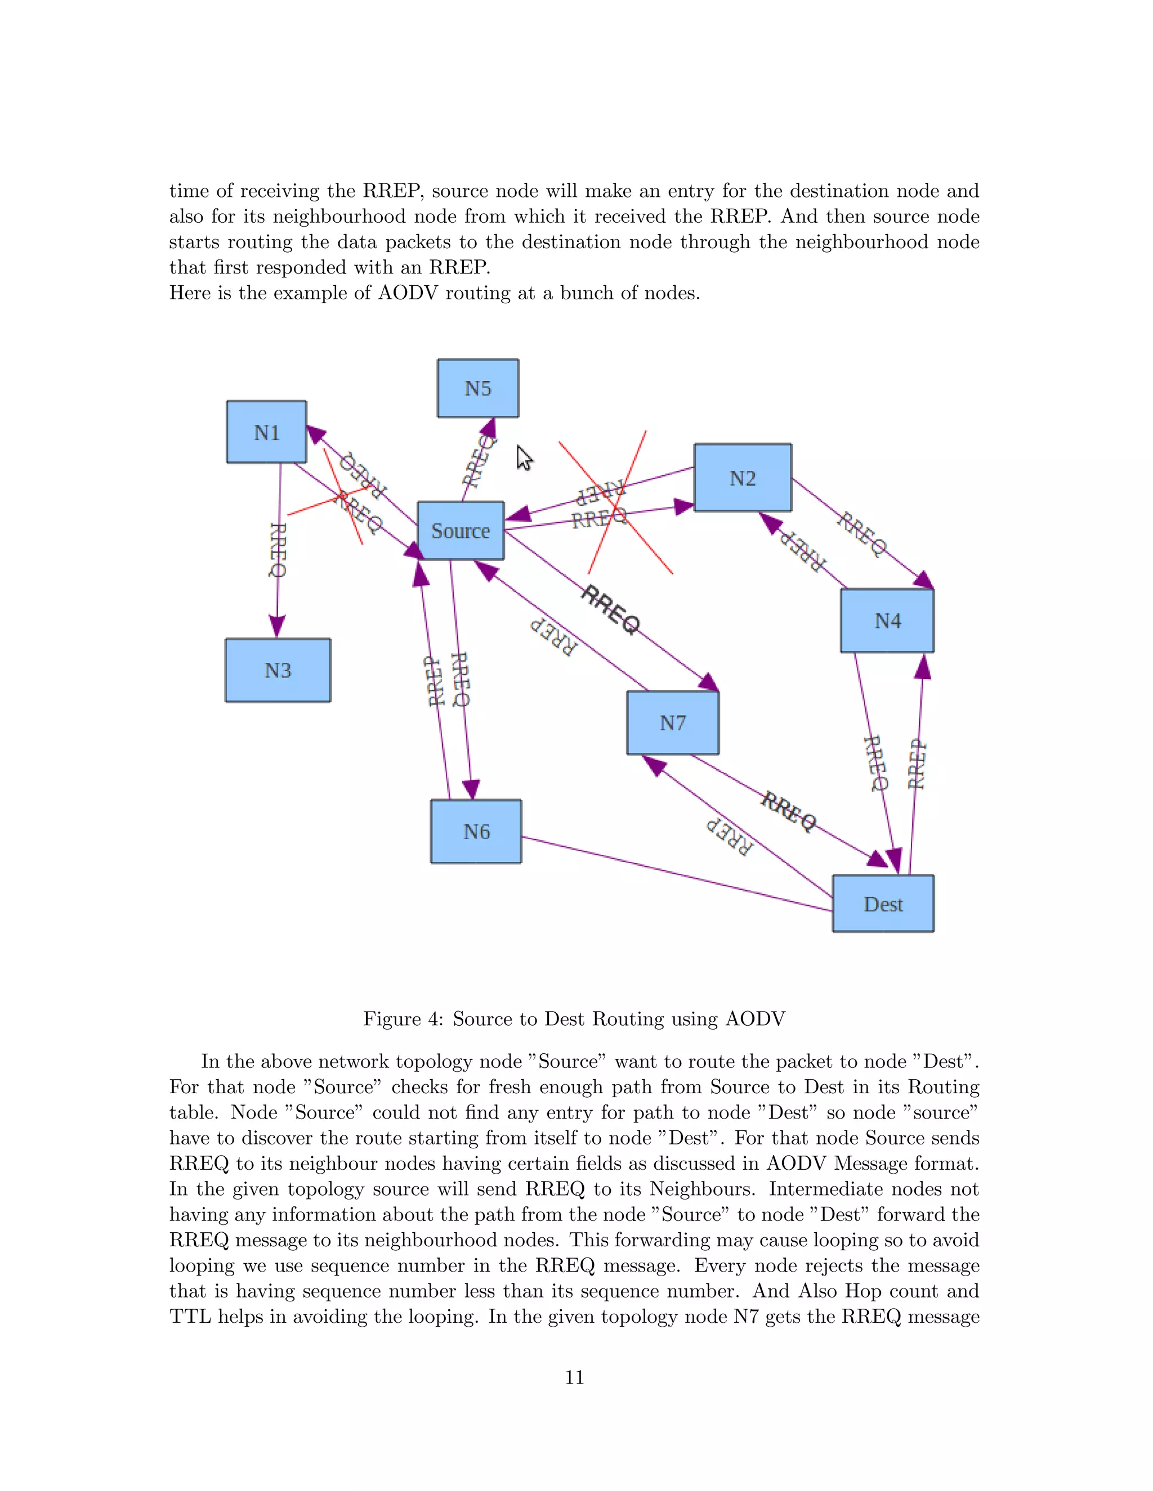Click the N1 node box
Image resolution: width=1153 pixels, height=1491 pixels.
click(x=266, y=432)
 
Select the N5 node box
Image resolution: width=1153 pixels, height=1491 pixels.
click(x=477, y=388)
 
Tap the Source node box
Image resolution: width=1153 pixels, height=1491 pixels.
click(x=461, y=531)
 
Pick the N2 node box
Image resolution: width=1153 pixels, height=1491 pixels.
click(x=743, y=478)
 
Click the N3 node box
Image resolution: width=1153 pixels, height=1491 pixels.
click(x=278, y=671)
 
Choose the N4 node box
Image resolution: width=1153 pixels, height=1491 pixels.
click(x=887, y=621)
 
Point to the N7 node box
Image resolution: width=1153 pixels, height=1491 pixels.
click(x=672, y=722)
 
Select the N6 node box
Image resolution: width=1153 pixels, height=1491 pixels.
click(x=476, y=832)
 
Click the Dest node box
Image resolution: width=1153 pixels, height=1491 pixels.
click(x=883, y=904)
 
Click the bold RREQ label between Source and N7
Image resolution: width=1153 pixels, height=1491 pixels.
click(x=611, y=610)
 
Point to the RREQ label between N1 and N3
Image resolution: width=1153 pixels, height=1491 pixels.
click(x=278, y=550)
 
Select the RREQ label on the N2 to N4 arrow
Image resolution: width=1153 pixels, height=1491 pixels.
click(x=862, y=534)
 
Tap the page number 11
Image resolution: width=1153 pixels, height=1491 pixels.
click(x=574, y=1377)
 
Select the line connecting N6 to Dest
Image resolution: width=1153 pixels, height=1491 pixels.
click(x=676, y=874)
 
